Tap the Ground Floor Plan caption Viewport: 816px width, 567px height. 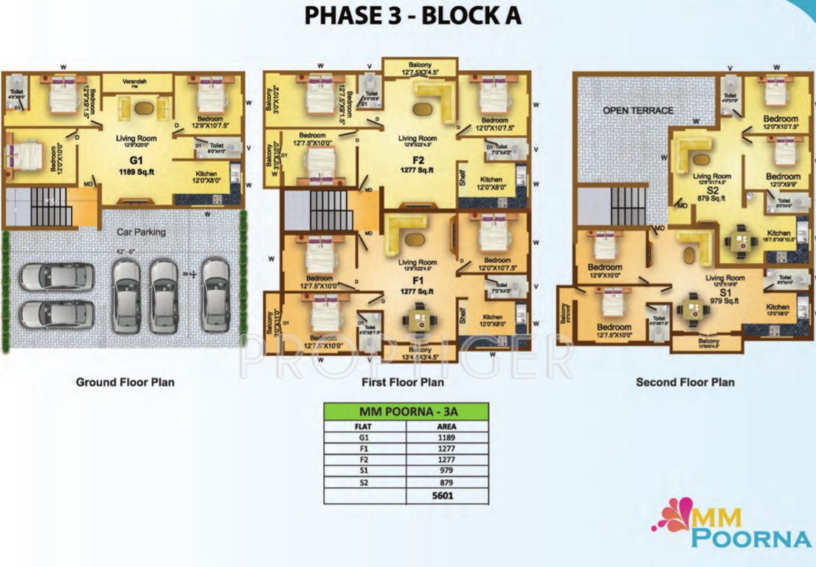point(125,382)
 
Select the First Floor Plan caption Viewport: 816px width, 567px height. point(402,382)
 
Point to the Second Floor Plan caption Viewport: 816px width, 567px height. point(685,382)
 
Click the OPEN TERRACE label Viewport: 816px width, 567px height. point(638,111)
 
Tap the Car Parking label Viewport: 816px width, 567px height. point(141,232)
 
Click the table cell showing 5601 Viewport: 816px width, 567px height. point(447,495)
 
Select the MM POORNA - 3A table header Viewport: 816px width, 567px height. point(406,410)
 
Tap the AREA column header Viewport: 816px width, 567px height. point(447,426)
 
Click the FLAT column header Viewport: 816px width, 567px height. point(364,426)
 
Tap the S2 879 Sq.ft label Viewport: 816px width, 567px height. point(713,193)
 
